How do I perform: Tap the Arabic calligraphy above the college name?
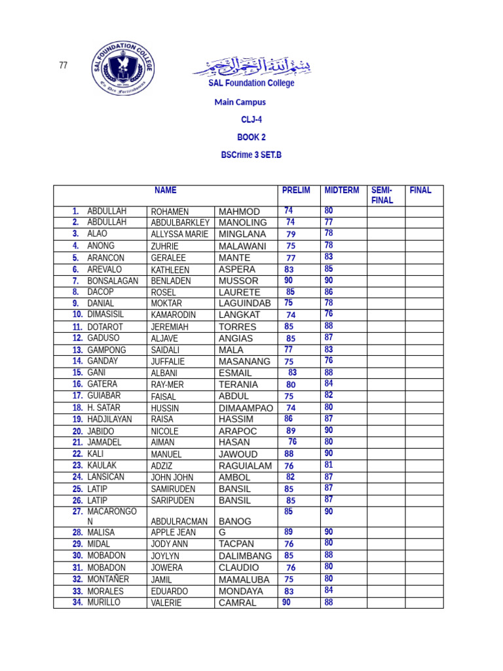point(251,66)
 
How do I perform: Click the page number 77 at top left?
point(64,66)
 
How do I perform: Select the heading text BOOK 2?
point(251,138)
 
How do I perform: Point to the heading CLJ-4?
point(251,120)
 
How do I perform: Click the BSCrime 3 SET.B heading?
point(251,155)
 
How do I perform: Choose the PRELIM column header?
point(296,191)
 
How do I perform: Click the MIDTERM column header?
point(342,191)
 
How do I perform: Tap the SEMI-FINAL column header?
point(382,195)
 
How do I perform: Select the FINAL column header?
point(420,191)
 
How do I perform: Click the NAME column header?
point(166,191)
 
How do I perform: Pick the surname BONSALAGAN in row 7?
point(113,280)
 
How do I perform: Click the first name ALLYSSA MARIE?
point(179,235)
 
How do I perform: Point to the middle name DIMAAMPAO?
point(246,408)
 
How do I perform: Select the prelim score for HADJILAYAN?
point(289,419)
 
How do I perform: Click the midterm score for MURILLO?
point(329,602)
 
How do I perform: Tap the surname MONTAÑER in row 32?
point(108,579)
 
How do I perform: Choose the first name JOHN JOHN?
point(172,478)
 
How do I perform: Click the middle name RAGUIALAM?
point(245,466)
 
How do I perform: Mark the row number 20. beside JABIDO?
point(77,431)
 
